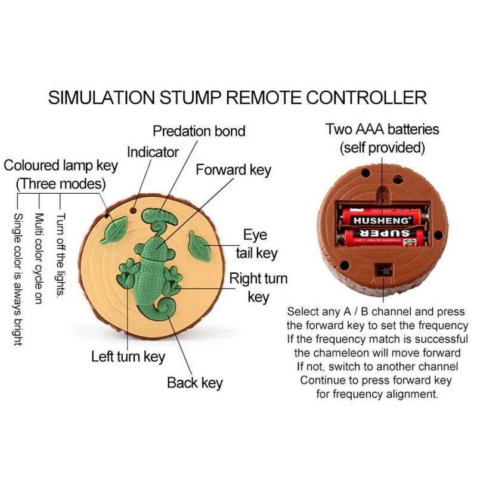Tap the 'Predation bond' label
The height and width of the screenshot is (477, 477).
[199, 131]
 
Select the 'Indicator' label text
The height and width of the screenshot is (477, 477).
[153, 152]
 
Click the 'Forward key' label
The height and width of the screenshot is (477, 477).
[233, 170]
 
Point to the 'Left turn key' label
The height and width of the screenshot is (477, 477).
[128, 357]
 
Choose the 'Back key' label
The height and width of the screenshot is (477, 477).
[194, 382]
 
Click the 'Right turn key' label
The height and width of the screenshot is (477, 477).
[258, 287]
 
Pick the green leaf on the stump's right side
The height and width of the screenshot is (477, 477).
[199, 246]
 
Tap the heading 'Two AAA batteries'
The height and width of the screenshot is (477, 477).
[382, 129]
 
